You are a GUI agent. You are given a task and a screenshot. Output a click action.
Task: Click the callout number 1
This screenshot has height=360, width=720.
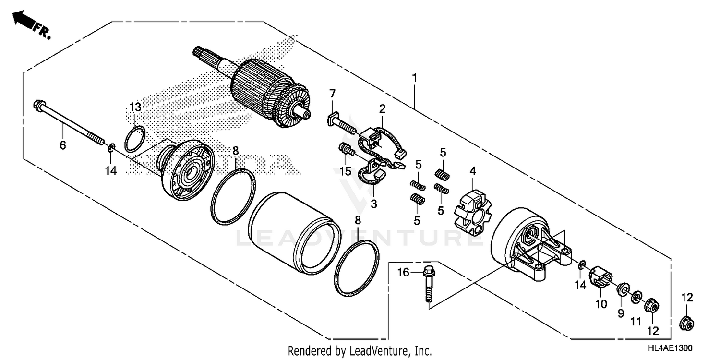[414, 77]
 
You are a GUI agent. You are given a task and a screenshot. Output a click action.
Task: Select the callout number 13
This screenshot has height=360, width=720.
[135, 106]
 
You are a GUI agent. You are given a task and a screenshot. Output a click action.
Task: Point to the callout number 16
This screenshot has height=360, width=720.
[403, 273]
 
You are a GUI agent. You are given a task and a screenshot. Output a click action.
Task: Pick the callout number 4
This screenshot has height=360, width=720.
[472, 170]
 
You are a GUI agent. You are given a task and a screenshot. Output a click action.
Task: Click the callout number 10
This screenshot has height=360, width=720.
[601, 304]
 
